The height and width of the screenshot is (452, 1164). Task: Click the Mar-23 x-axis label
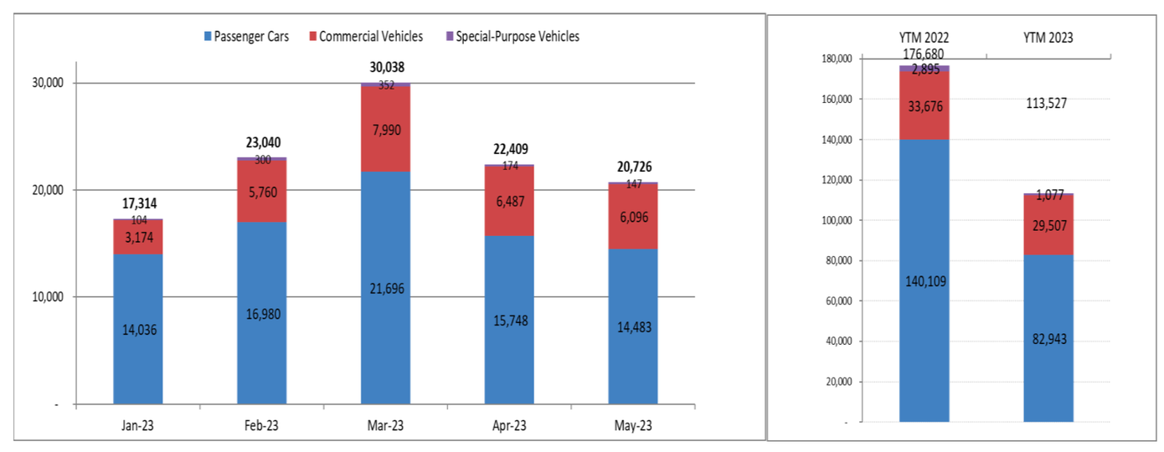384,425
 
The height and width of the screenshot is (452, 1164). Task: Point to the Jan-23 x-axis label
137,425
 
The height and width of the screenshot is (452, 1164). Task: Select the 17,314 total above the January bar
138,204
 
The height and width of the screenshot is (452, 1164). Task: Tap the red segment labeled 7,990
385,129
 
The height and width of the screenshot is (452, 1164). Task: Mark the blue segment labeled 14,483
632,327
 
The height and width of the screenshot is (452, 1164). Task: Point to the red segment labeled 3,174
138,237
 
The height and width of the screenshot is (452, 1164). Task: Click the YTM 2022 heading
924,37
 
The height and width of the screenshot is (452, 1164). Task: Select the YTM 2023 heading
1048,37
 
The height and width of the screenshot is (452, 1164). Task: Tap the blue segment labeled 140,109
924,280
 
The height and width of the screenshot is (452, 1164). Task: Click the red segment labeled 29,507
1048,224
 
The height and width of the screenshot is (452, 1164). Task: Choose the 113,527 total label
1048,104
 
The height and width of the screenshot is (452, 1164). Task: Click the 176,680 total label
924,54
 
